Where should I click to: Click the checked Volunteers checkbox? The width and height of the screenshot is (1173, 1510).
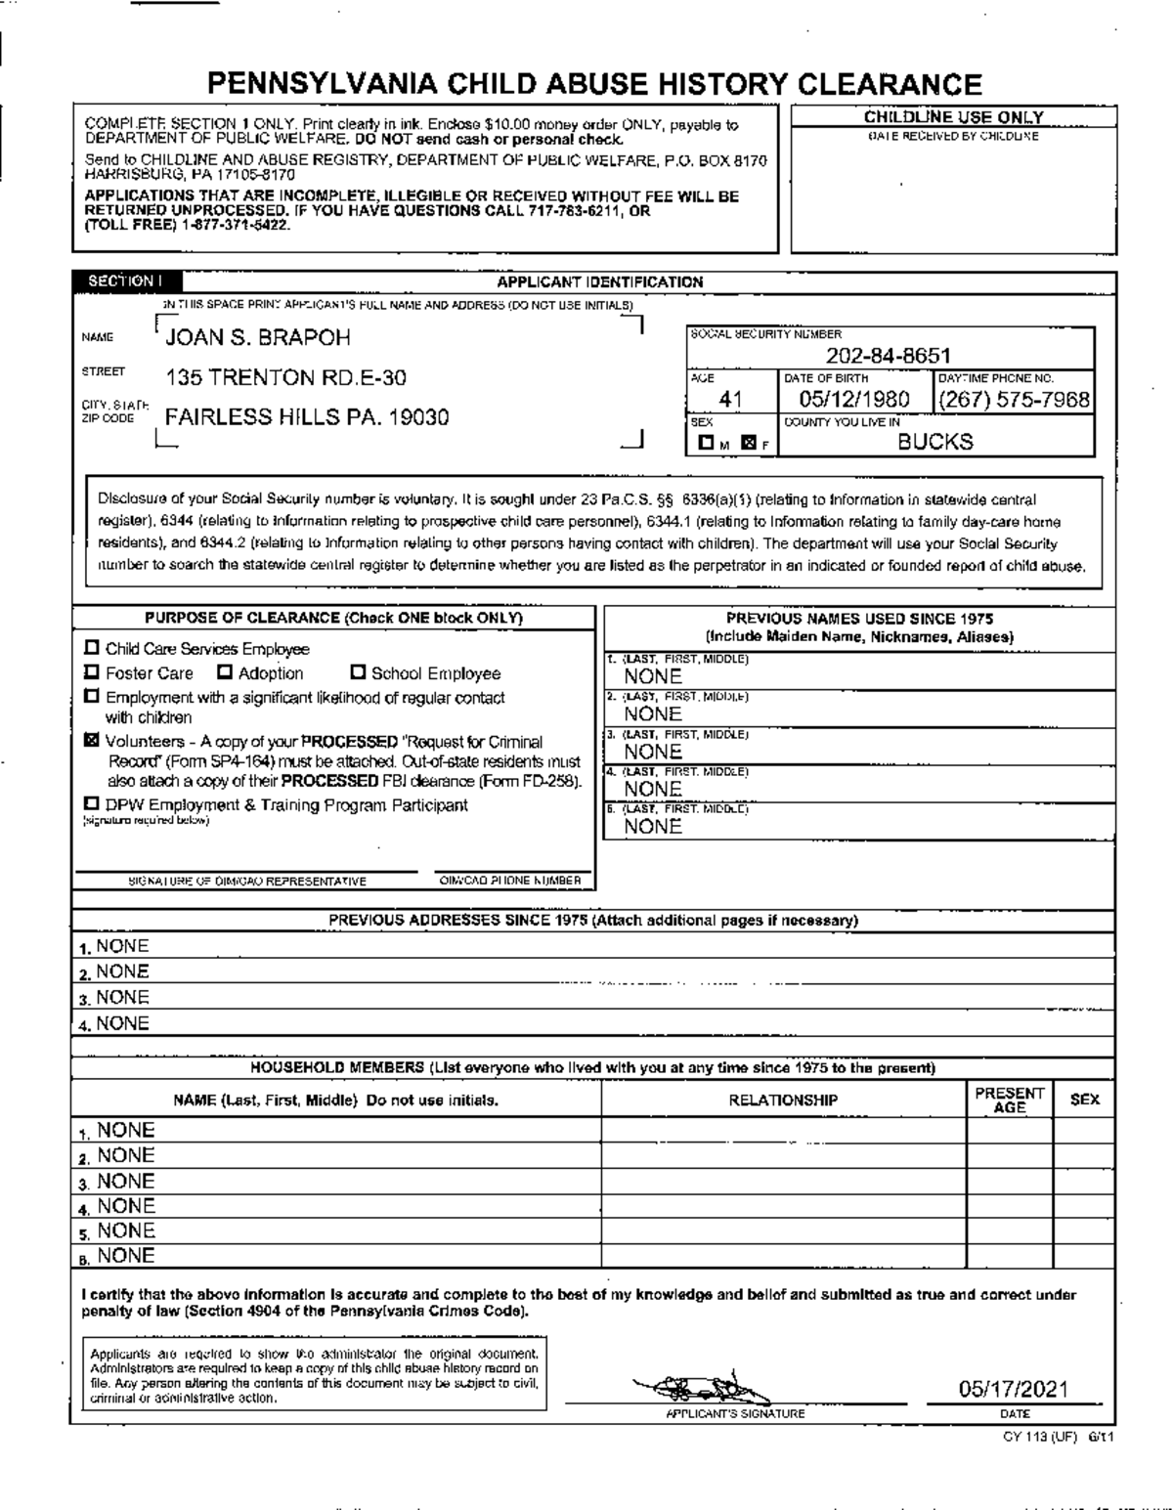pyautogui.click(x=92, y=741)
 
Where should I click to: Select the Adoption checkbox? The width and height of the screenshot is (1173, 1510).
pyautogui.click(x=224, y=672)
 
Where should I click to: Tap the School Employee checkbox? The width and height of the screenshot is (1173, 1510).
pyautogui.click(x=358, y=672)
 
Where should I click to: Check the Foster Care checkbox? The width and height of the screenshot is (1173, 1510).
pyautogui.click(x=92, y=672)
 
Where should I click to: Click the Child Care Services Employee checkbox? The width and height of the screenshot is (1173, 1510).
pyautogui.click(x=92, y=648)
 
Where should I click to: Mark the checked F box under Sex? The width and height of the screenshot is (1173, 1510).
pyautogui.click(x=749, y=444)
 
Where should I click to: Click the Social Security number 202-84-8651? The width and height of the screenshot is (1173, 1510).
pyautogui.click(x=888, y=357)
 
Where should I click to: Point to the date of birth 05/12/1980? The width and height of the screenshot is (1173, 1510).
pyautogui.click(x=854, y=400)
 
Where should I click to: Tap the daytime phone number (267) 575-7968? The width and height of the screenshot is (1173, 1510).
pyautogui.click(x=1014, y=400)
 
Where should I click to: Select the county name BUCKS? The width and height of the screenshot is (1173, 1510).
pyautogui.click(x=935, y=442)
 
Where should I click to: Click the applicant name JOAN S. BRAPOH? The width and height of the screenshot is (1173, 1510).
pyautogui.click(x=258, y=338)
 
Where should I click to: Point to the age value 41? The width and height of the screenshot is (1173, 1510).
pyautogui.click(x=731, y=400)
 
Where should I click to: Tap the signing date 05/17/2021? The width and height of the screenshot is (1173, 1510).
pyautogui.click(x=1013, y=1389)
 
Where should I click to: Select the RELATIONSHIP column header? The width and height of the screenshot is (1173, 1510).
pyautogui.click(x=783, y=1100)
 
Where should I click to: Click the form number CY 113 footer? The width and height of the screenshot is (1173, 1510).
pyautogui.click(x=1058, y=1437)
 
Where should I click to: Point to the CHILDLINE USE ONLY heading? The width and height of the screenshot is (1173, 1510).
pyautogui.click(x=953, y=117)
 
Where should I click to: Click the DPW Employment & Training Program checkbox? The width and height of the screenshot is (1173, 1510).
pyautogui.click(x=92, y=804)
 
